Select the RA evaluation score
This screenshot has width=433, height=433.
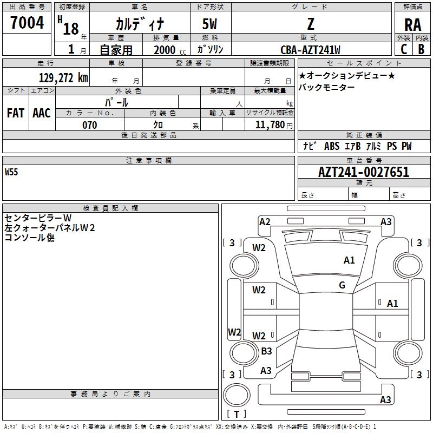412,25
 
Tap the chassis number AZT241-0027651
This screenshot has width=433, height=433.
364,172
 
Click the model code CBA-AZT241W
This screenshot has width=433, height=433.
310,50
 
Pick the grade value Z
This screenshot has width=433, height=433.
310,24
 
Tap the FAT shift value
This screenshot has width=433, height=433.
16,113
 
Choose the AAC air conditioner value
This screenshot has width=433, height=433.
42,113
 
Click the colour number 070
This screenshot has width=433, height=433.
89,125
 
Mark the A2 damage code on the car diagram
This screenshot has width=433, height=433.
265,221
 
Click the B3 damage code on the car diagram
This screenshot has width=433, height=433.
266,351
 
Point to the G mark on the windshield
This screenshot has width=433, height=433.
342,285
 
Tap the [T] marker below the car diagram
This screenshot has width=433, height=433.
237,415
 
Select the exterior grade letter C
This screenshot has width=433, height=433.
404,49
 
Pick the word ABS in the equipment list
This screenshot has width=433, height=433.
331,146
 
